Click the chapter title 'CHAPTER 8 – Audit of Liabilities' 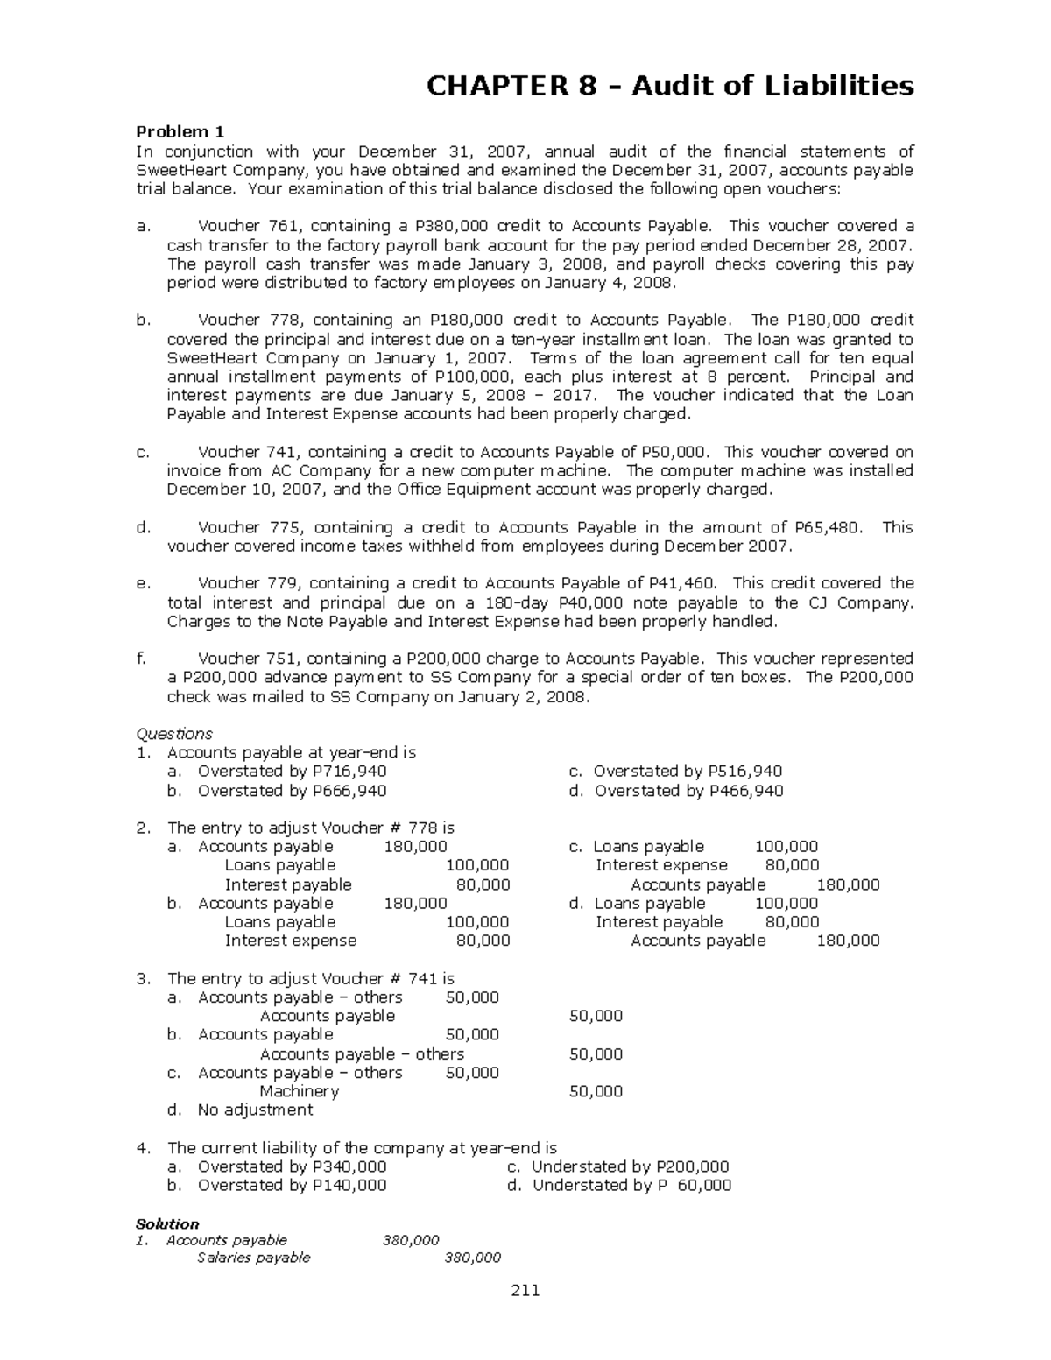tap(669, 86)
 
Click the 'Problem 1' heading tap(180, 132)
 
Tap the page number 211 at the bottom tap(525, 1290)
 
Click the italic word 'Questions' tap(174, 734)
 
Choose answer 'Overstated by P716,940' tap(292, 772)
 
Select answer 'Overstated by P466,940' tap(688, 791)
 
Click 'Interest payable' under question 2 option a tap(288, 884)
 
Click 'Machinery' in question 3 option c tap(299, 1091)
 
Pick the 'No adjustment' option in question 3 tap(255, 1110)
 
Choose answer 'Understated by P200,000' tap(630, 1166)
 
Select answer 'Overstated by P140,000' tap(292, 1185)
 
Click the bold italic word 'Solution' tap(167, 1223)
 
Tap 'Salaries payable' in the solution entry tap(254, 1258)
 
